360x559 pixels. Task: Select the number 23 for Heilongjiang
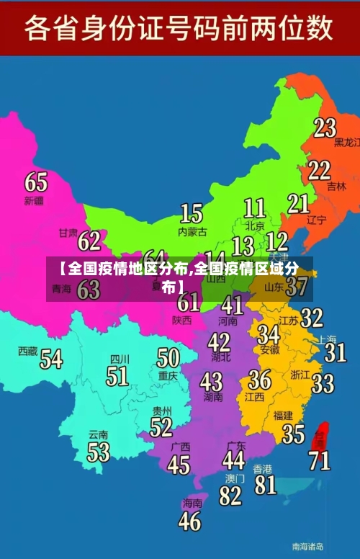325,128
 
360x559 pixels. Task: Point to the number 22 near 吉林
320,171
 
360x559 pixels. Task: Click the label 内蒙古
192,232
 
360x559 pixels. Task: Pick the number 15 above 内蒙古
191,213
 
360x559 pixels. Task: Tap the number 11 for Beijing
254,208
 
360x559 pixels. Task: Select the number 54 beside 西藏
51,358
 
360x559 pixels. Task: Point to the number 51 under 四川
117,376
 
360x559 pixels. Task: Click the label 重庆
168,375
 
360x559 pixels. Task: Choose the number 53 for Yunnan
99,452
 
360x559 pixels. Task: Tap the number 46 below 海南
190,520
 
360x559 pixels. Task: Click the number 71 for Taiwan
320,460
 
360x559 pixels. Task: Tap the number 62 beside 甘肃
89,241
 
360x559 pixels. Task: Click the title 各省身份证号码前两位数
179,29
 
